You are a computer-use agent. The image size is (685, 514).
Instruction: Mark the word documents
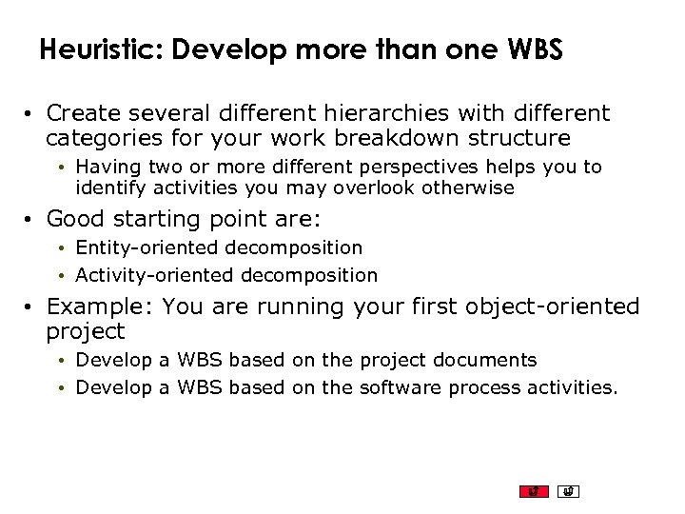point(485,361)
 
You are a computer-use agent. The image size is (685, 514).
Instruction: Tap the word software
point(401,387)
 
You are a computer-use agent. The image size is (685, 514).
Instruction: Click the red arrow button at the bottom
point(534,491)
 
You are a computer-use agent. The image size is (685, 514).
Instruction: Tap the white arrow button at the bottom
point(568,491)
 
